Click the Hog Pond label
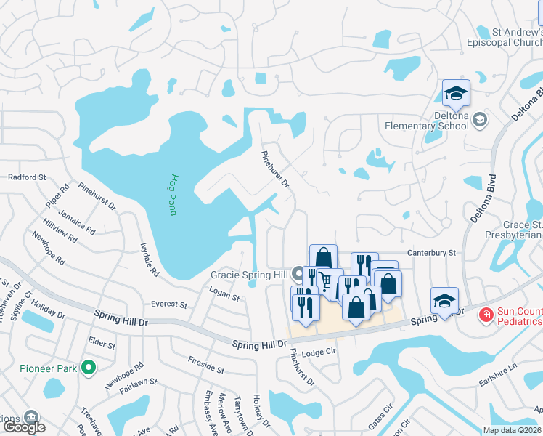(x=174, y=194)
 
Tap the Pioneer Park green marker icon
(x=89, y=368)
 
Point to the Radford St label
(x=27, y=177)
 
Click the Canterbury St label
(x=432, y=253)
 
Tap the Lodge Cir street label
(x=321, y=352)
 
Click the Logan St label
(x=224, y=295)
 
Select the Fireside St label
(x=205, y=365)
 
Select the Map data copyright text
(x=502, y=430)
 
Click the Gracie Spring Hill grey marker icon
(x=297, y=275)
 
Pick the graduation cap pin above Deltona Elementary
(x=456, y=94)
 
